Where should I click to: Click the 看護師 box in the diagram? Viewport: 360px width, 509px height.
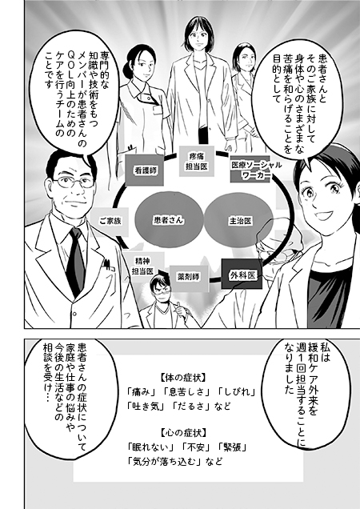click(x=145, y=170)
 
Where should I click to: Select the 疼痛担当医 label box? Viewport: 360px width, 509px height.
click(x=197, y=162)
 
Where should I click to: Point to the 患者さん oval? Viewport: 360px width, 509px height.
click(x=169, y=220)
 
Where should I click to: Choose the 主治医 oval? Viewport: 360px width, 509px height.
click(x=238, y=221)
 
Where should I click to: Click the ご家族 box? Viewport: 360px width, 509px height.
click(x=110, y=222)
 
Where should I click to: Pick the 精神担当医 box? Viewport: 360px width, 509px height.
click(x=142, y=266)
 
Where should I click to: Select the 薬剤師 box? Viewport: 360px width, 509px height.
click(x=189, y=276)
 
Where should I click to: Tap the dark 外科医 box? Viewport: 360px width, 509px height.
click(x=242, y=275)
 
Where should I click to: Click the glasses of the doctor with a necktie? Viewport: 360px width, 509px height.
click(x=74, y=182)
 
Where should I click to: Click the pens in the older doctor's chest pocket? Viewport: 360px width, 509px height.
click(x=108, y=265)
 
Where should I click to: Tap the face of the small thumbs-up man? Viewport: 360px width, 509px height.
click(x=162, y=291)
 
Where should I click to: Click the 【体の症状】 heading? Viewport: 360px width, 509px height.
click(x=183, y=378)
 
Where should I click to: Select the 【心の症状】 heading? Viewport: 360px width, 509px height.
click(x=183, y=432)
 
